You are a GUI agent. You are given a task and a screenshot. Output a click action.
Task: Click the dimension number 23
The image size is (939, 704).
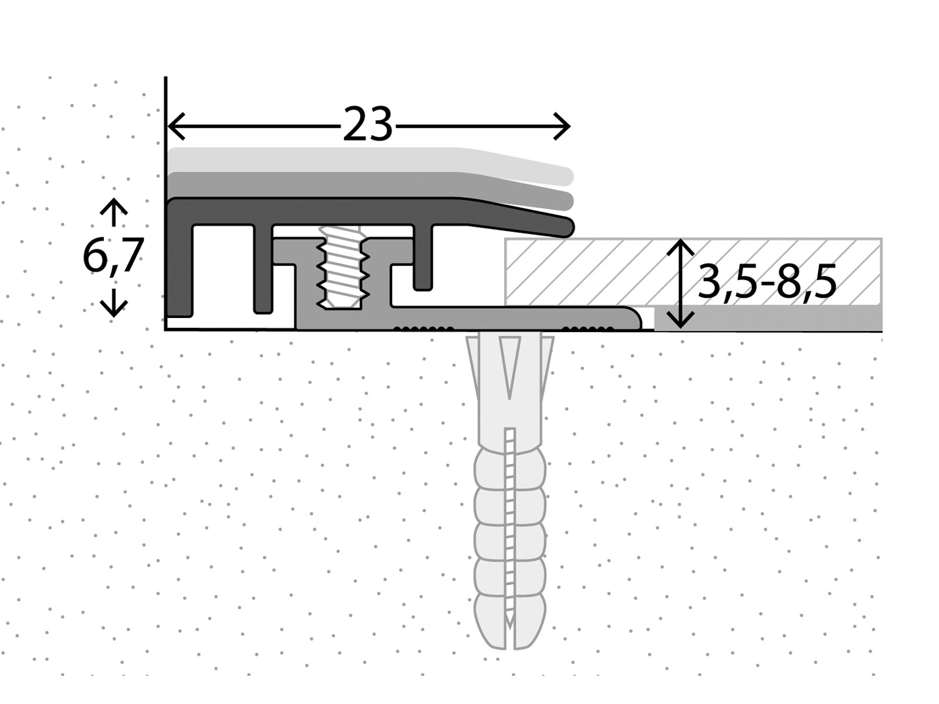[x=367, y=125]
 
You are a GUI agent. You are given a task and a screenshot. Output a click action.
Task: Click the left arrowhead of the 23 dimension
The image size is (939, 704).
[x=175, y=126]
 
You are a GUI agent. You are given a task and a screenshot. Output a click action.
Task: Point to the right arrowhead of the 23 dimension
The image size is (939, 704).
[x=563, y=126]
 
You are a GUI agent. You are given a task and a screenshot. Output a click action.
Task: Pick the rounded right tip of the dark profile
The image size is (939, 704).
[x=568, y=227]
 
